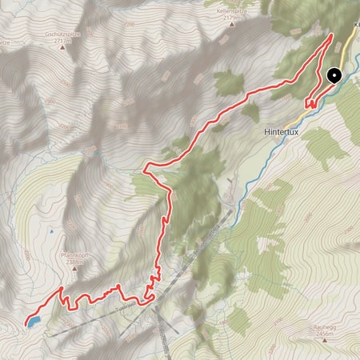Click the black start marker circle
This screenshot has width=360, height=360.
(x=334, y=76)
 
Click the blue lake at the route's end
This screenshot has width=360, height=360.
(x=32, y=322)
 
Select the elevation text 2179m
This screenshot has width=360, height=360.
(x=234, y=21)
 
